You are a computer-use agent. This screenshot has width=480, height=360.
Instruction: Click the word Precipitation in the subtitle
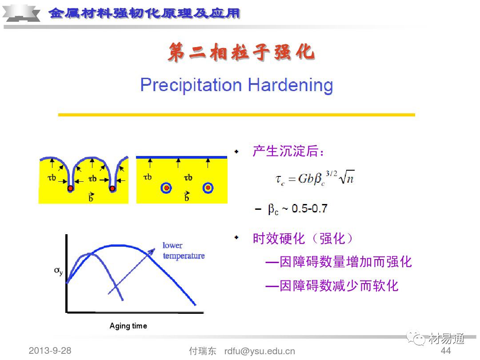click(191, 85)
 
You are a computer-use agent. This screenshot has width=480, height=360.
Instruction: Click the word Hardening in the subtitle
click(291, 85)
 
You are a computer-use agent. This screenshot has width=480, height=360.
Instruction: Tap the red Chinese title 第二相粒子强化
click(241, 52)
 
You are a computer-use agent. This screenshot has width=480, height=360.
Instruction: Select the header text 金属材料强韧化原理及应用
click(144, 13)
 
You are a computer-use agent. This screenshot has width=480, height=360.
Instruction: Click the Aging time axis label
click(128, 326)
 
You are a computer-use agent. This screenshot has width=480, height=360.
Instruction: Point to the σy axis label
click(58, 271)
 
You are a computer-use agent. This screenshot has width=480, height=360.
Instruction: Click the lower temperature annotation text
click(184, 250)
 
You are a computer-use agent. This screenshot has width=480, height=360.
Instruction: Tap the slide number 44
click(446, 351)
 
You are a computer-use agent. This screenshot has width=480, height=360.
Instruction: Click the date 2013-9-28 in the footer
click(50, 351)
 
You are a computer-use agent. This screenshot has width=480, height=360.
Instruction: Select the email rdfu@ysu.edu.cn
click(260, 351)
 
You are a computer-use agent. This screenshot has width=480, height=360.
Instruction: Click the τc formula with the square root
click(315, 178)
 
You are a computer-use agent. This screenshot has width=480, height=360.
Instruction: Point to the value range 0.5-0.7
click(309, 208)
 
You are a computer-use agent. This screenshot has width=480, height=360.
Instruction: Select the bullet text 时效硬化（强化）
click(303, 239)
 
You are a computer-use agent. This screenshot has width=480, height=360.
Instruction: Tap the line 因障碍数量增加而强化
click(339, 262)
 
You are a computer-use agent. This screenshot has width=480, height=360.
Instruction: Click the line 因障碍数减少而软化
click(332, 286)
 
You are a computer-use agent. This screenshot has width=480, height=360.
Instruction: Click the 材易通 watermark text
click(446, 339)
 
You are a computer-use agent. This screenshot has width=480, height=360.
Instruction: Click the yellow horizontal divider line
click(236, 115)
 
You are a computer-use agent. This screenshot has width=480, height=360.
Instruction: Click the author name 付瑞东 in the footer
click(202, 351)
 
